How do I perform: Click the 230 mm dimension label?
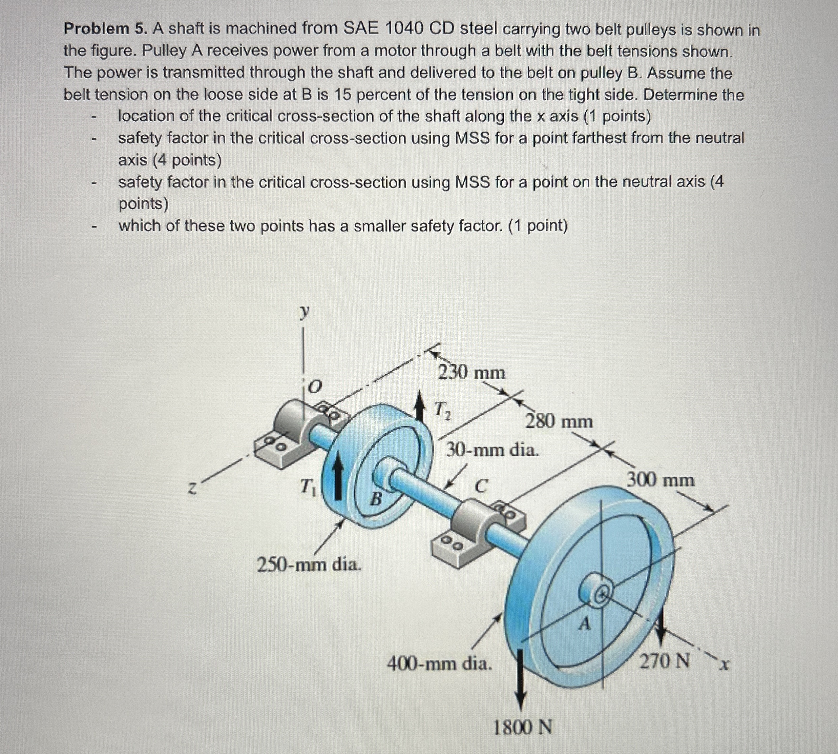click(472, 373)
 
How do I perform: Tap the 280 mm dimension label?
click(559, 422)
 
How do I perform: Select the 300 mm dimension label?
click(661, 480)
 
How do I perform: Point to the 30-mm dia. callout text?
click(493, 450)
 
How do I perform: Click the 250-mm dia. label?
click(309, 564)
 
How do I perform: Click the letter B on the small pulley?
click(375, 498)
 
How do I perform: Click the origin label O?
click(315, 387)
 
